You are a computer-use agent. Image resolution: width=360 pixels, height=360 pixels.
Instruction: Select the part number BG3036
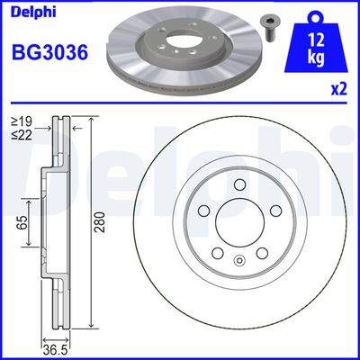pos(49,53)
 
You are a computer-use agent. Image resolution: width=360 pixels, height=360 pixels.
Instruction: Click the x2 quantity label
pos(340,89)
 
